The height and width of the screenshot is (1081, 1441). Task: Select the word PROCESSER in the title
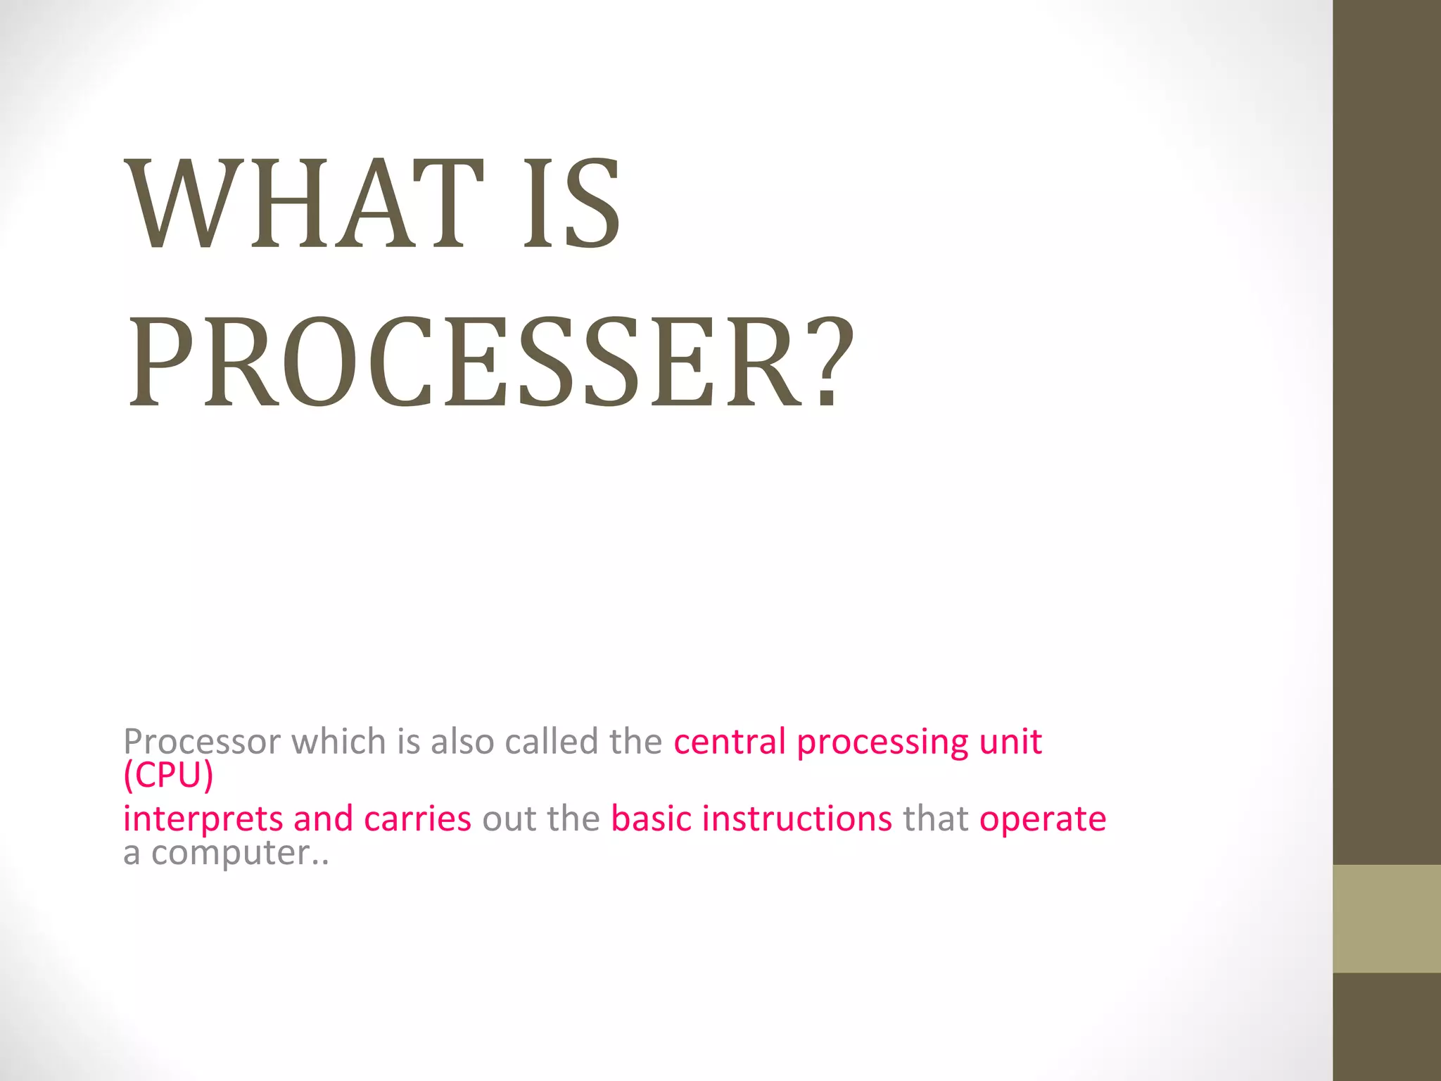(x=465, y=362)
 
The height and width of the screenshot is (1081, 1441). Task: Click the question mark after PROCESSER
(x=830, y=362)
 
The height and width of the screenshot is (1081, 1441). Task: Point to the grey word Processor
(x=202, y=742)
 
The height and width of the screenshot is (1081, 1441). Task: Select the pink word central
(x=730, y=742)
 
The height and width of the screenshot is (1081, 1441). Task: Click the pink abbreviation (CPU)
(x=168, y=775)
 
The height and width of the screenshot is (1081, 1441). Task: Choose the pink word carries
(x=417, y=819)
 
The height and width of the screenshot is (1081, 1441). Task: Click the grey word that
(x=936, y=819)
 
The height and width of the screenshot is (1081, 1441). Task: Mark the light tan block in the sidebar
(x=1387, y=918)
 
